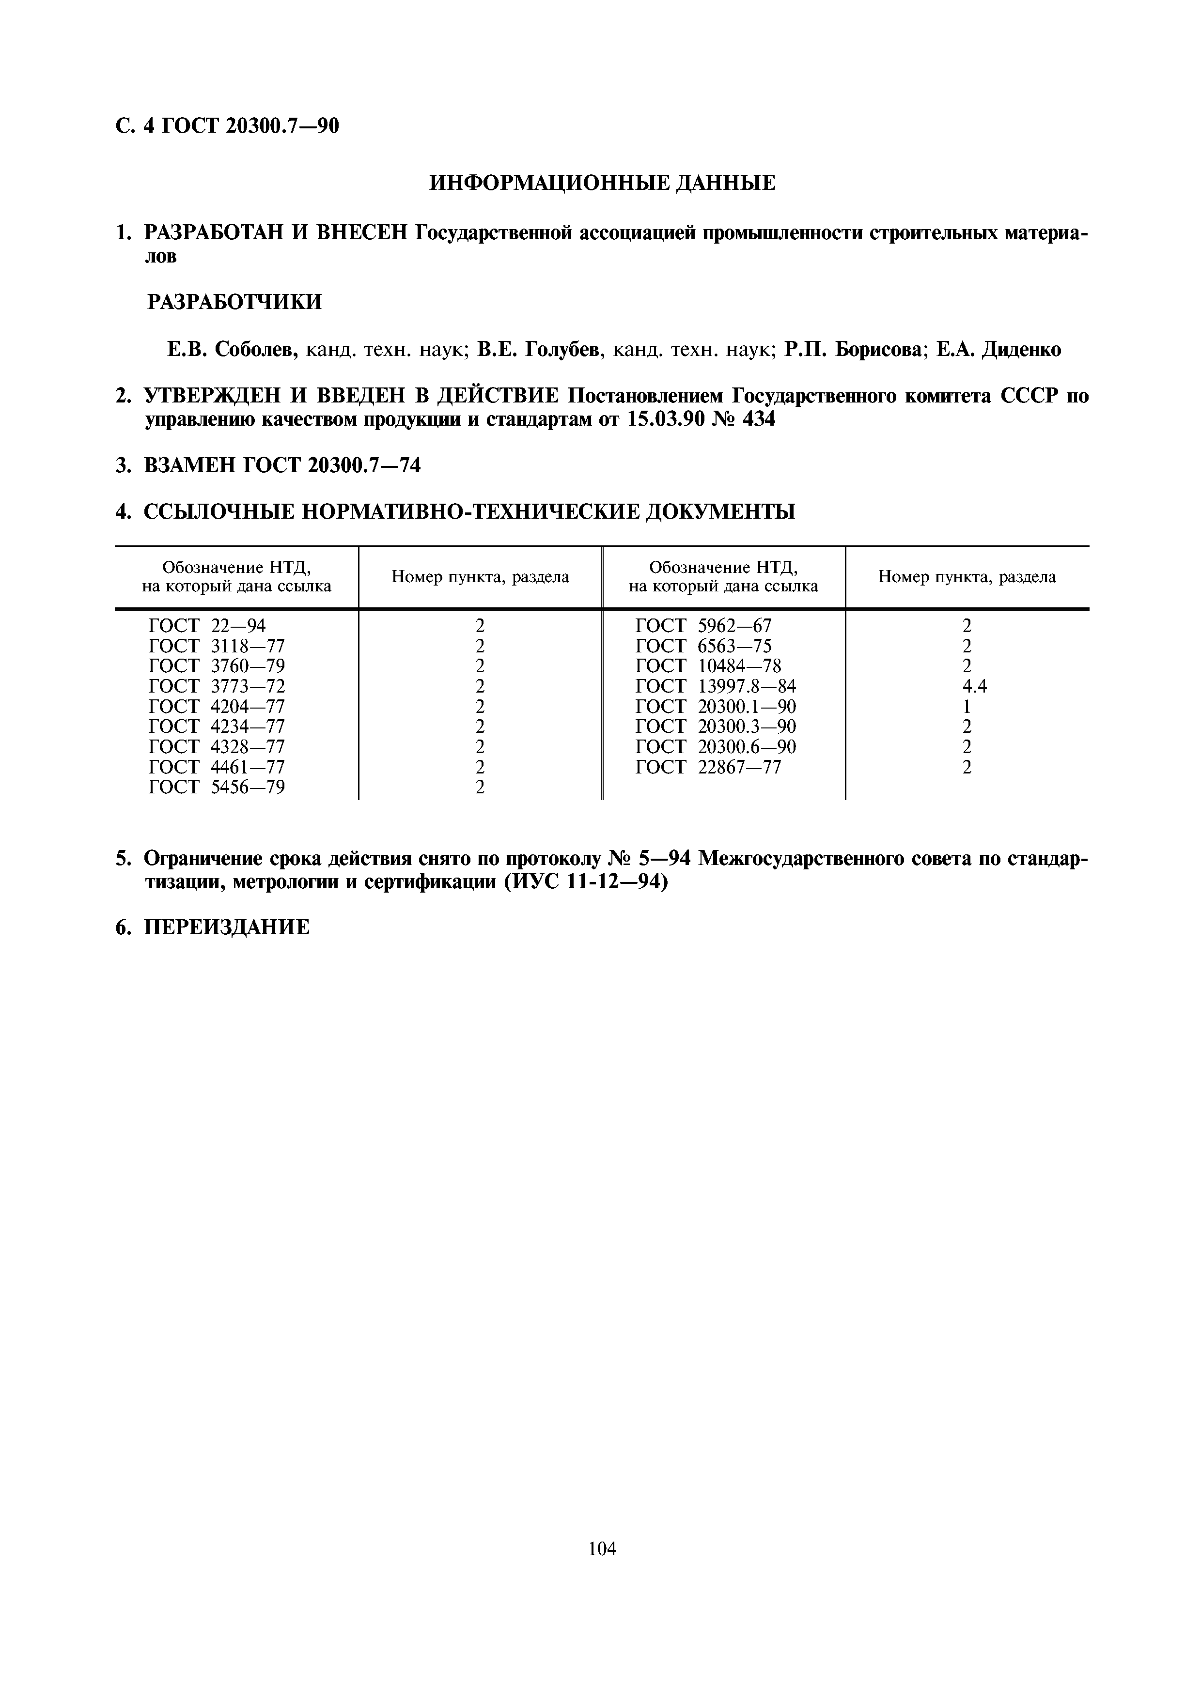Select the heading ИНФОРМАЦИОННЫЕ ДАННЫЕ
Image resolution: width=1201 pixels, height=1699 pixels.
point(602,182)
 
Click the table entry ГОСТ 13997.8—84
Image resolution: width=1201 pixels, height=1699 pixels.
point(716,686)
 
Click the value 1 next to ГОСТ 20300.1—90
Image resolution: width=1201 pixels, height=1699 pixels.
point(967,707)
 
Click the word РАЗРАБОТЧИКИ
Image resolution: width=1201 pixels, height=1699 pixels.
point(234,302)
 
